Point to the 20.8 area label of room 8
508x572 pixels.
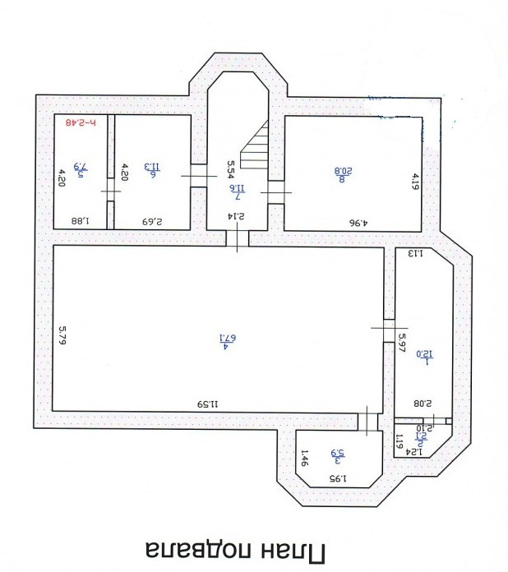pyautogui.click(x=343, y=172)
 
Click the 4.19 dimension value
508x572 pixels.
pyautogui.click(x=416, y=182)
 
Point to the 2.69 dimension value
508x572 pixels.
pyautogui.click(x=153, y=220)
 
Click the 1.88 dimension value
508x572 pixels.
pyautogui.click(x=81, y=220)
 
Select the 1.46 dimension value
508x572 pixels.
pyautogui.click(x=303, y=457)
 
